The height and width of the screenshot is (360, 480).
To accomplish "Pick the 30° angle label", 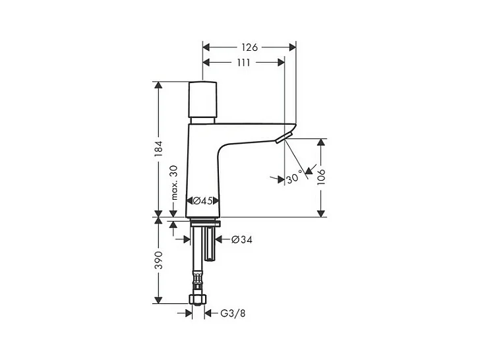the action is click(295, 177).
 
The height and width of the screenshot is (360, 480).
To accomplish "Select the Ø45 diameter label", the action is click(202, 200).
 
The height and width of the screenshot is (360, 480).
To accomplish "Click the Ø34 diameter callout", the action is click(241, 240).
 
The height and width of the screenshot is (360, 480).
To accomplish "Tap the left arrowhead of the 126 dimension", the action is click(206, 47).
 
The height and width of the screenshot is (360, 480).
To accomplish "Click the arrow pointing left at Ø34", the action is click(220, 240).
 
